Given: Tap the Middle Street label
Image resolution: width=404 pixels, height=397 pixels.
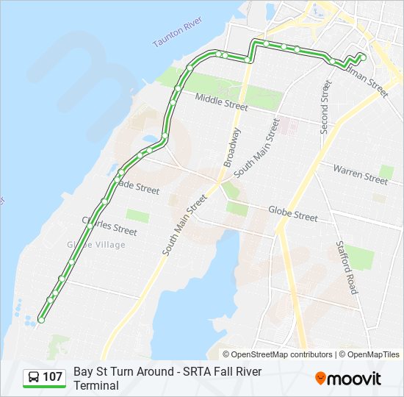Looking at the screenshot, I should (221, 101).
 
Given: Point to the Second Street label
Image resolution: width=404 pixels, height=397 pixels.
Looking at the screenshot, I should (324, 107).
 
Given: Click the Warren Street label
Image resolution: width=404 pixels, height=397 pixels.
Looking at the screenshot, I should (360, 174).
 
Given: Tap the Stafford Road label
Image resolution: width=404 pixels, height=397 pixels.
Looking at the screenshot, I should (346, 267).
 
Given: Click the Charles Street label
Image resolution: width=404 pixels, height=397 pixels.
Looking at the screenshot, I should (109, 226).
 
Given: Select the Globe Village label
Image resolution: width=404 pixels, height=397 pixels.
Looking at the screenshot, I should (96, 245).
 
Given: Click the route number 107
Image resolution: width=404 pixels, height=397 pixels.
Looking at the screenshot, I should (52, 377).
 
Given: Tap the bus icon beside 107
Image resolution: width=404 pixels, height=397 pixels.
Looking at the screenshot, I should (34, 377).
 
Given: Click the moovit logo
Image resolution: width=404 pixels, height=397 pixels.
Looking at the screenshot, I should (348, 379).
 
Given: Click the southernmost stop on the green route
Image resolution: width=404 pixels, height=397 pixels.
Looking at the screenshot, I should (41, 320).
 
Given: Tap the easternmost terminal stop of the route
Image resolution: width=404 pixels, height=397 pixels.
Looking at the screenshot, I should (363, 56).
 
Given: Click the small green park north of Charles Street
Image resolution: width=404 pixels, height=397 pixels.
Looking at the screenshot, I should (137, 215).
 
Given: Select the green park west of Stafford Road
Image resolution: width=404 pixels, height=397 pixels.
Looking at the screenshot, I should (360, 257).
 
